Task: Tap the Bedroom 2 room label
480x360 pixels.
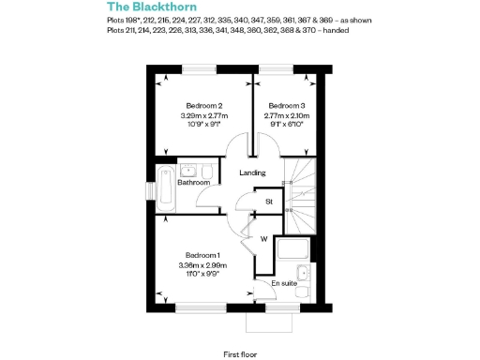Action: pos(203,105)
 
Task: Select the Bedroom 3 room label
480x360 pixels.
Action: pos(286,105)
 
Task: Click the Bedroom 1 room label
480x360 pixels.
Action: pos(202,256)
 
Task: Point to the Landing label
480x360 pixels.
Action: pos(252,172)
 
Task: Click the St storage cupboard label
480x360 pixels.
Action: pos(268,202)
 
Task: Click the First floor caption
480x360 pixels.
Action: pos(241,354)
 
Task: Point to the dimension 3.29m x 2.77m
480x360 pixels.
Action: pos(203,114)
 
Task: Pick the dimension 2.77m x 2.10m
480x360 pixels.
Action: pos(286,114)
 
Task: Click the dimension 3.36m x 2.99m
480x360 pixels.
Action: pos(202,265)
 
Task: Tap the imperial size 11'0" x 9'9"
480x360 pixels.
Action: pos(202,275)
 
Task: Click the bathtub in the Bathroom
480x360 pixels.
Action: pos(165,188)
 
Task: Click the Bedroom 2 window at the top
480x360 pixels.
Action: pos(199,67)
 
